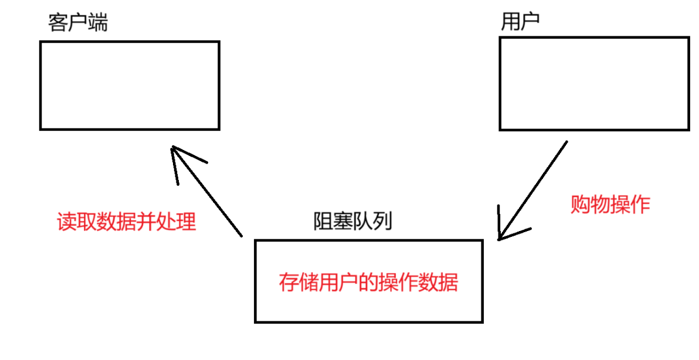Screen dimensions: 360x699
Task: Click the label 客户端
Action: [77, 23]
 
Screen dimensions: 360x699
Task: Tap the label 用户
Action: [520, 22]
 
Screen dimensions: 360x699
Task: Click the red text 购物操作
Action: [610, 204]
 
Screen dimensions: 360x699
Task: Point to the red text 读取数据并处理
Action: [126, 222]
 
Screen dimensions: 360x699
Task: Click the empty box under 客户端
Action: [130, 85]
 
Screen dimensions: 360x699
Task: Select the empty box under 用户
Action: [594, 83]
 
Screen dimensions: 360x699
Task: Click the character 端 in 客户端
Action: [97, 23]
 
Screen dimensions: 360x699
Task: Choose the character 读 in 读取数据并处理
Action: [66, 222]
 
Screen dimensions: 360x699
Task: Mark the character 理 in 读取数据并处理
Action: [186, 222]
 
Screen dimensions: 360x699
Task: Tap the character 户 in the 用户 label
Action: [530, 22]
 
